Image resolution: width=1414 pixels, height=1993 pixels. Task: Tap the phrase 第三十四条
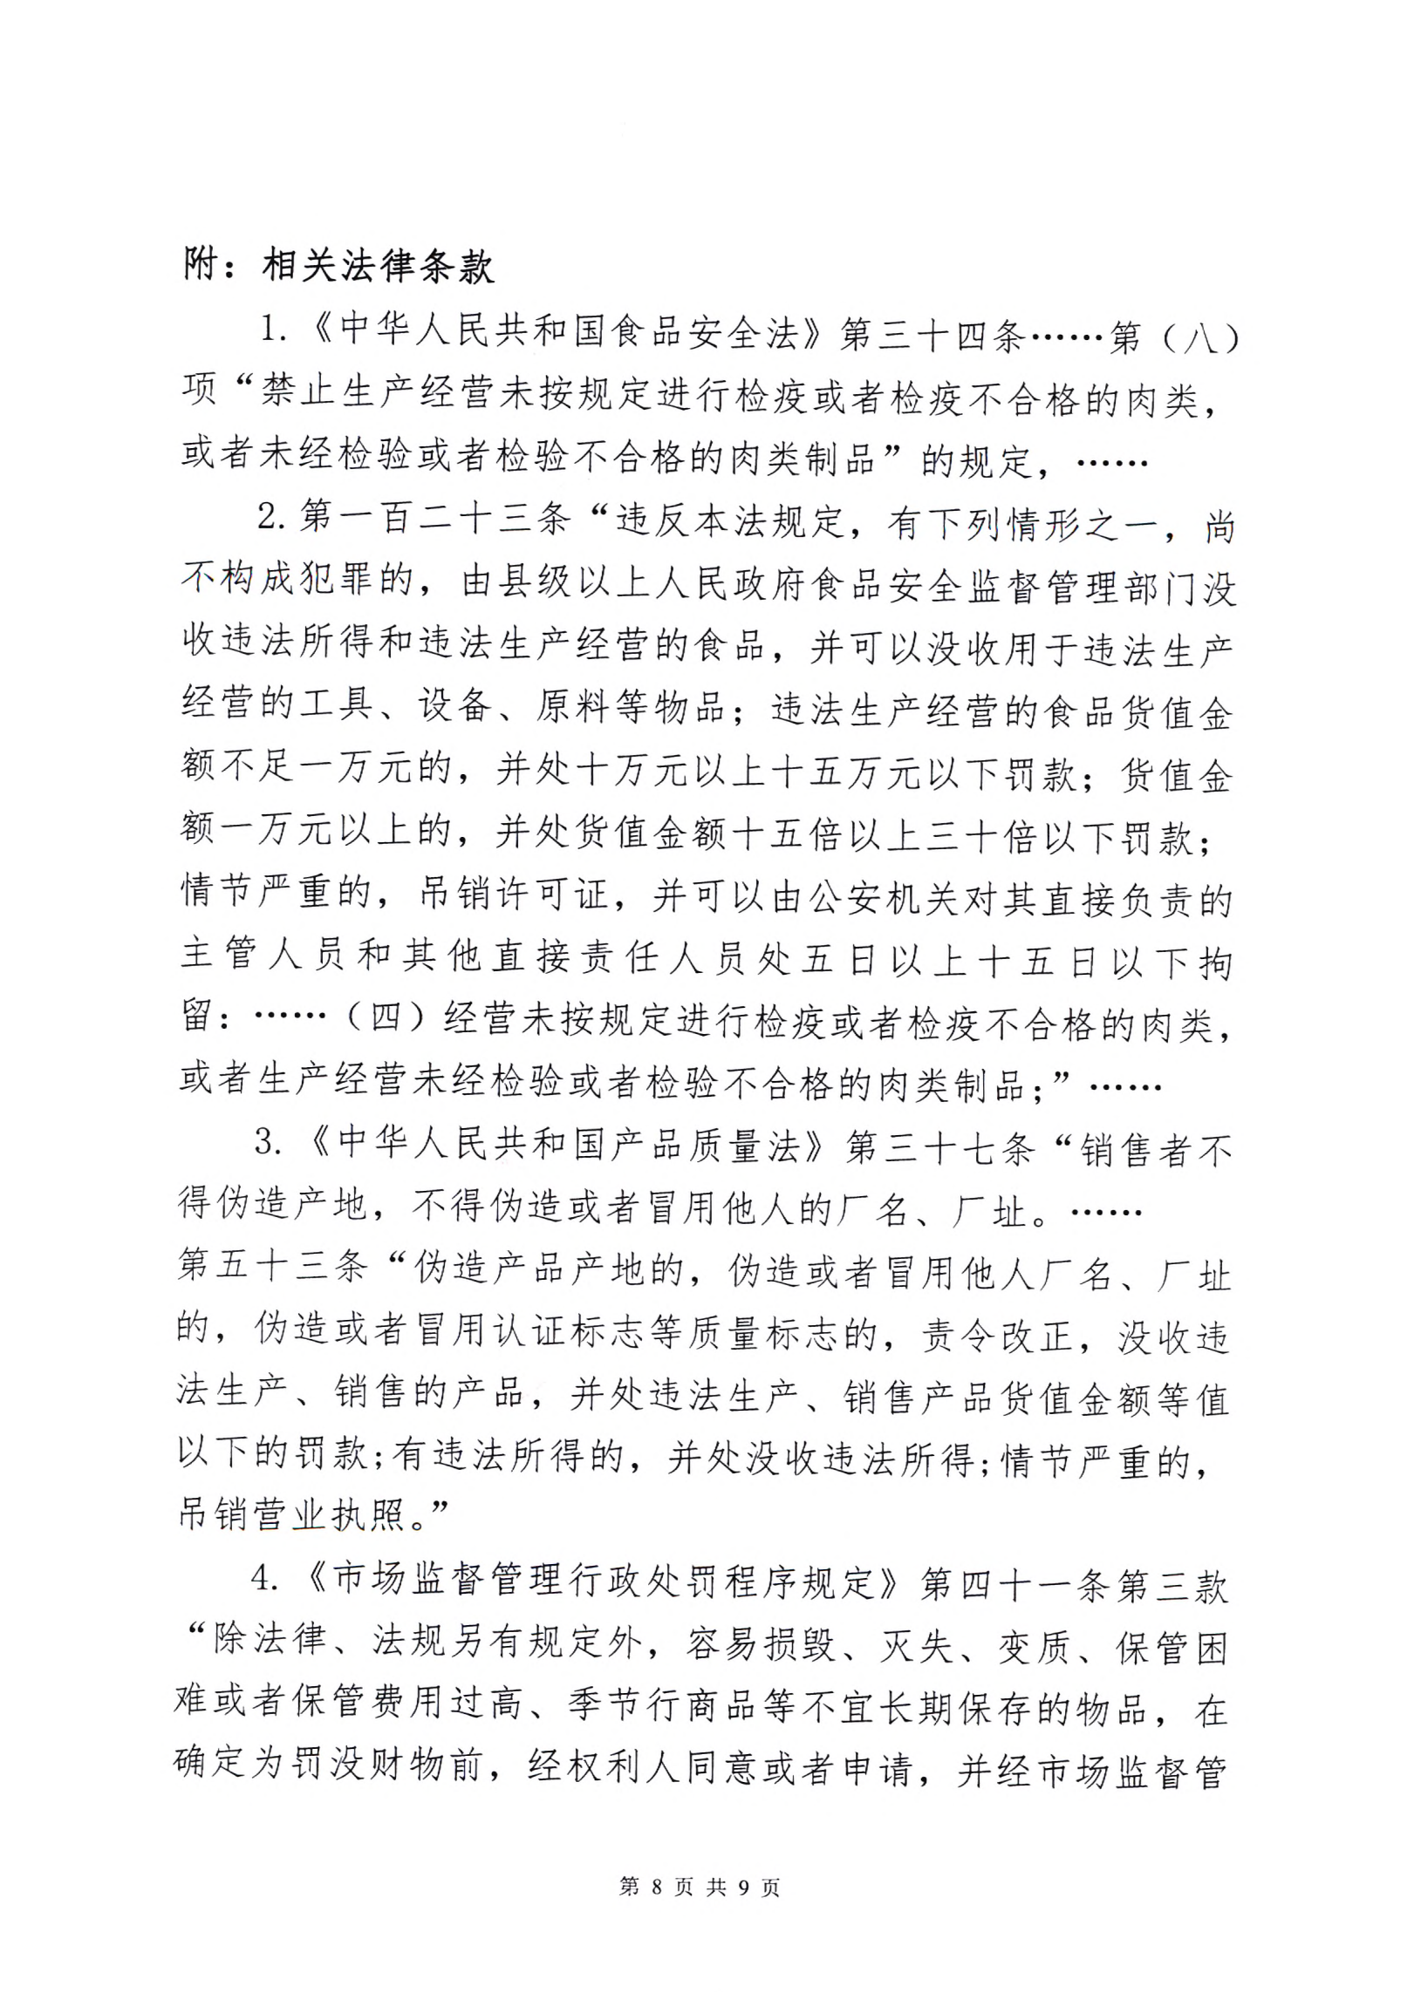click(x=931, y=335)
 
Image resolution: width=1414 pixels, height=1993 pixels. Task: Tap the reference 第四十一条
click(x=1016, y=1586)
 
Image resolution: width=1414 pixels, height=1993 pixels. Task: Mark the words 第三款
click(x=1172, y=1587)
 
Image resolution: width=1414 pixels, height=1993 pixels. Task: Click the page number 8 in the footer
click(x=656, y=1887)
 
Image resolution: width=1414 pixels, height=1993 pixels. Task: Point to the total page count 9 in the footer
click(x=744, y=1887)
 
